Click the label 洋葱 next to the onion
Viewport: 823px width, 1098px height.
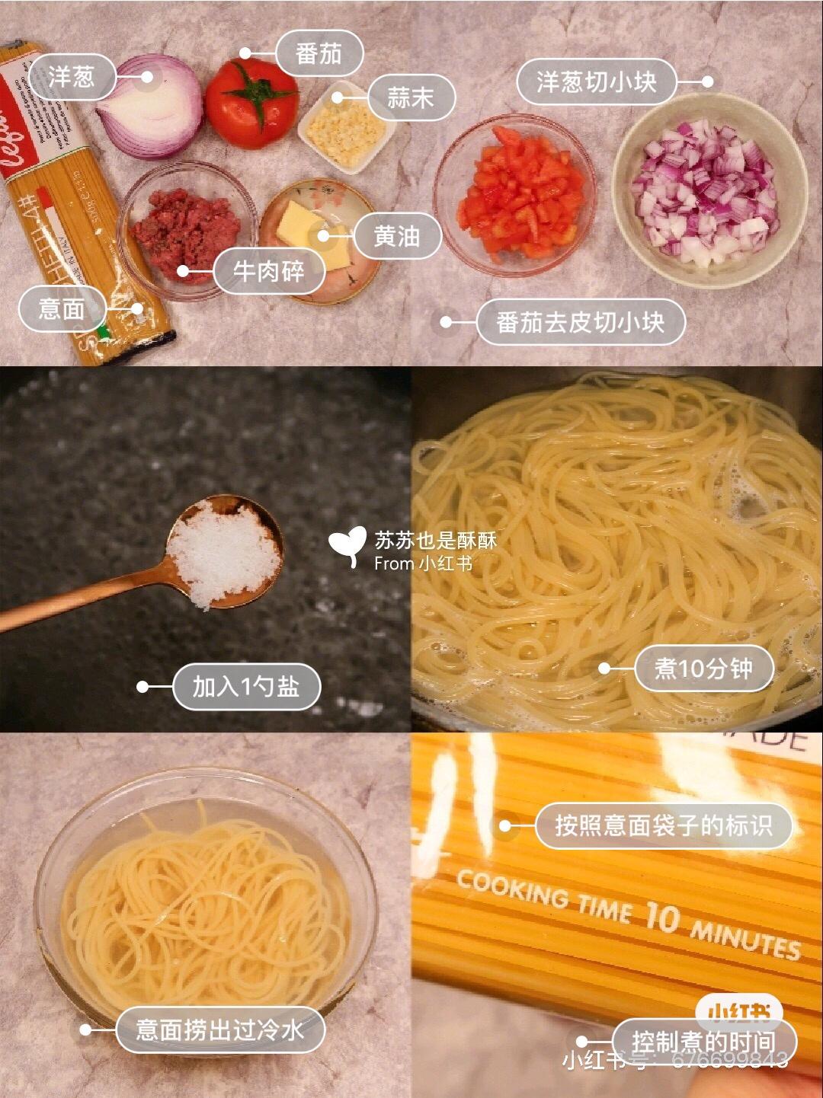click(x=72, y=77)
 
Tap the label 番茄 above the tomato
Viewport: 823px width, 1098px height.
click(x=319, y=54)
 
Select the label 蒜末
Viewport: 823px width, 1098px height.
click(x=411, y=98)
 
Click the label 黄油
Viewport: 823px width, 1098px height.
click(x=397, y=236)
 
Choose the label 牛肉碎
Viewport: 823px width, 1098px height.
click(x=269, y=271)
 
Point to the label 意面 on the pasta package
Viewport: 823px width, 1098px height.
click(x=62, y=308)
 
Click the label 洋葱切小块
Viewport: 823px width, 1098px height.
click(x=597, y=81)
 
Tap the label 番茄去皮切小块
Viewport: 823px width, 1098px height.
click(x=581, y=322)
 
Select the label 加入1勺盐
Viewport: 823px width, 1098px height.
click(x=245, y=687)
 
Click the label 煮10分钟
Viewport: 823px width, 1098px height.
click(x=703, y=669)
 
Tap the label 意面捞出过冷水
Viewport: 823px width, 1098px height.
click(x=220, y=1030)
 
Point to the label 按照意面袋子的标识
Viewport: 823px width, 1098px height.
click(x=663, y=825)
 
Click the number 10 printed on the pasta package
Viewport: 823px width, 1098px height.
click(x=661, y=916)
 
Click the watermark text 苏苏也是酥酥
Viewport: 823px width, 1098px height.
click(x=435, y=540)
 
